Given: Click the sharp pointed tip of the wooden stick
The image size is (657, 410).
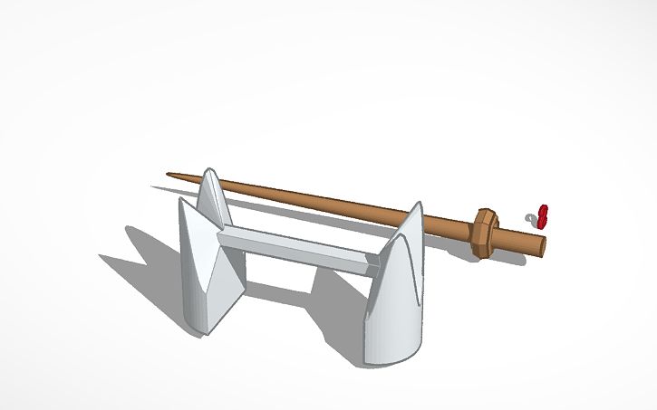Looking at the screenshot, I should [x=169, y=175].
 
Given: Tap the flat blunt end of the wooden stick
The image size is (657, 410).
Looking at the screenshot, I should [x=543, y=245].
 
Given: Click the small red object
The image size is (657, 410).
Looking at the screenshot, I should [x=544, y=215].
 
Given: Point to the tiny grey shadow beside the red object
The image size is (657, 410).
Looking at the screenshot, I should [x=532, y=217].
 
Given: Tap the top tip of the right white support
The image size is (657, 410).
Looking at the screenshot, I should [x=419, y=205].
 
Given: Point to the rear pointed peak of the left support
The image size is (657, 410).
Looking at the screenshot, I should [x=211, y=171].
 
